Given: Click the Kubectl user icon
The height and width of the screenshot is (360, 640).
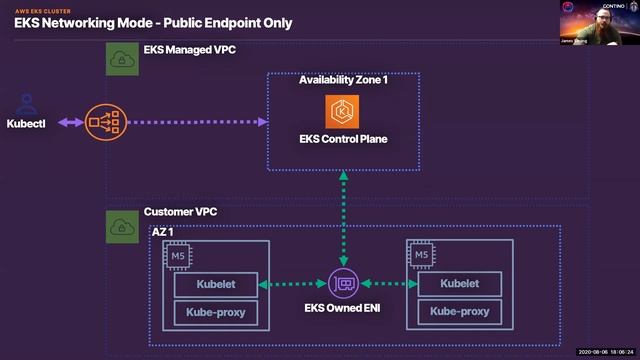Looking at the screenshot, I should coord(27,103).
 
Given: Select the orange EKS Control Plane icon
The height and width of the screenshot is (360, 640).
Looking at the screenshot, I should coord(342,110).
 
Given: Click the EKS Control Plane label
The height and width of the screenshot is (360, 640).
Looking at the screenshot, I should coord(342,139).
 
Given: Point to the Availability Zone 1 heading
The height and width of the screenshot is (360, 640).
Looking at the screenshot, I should coord(343,80).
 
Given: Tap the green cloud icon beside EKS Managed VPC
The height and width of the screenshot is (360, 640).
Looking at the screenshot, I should coord(122,59).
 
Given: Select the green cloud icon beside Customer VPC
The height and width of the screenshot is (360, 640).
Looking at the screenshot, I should coord(122,225).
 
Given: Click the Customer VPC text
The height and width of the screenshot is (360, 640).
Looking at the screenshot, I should coord(180,212).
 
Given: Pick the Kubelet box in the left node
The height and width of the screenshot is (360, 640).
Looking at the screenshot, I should coord(216,285).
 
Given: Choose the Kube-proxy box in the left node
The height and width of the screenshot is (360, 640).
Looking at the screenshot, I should coord(216,312).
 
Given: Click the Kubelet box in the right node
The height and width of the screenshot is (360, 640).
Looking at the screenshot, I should coord(460,285).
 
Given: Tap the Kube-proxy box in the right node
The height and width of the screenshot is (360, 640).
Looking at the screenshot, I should coord(460,312).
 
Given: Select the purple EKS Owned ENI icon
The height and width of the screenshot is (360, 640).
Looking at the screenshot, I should coord(344,285).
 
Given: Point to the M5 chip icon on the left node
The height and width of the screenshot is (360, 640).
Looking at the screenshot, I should coord(177,255).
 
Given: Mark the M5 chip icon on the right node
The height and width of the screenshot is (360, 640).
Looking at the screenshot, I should coord(421,255).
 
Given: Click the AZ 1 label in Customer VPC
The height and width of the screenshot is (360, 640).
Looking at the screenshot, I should coord(165,232).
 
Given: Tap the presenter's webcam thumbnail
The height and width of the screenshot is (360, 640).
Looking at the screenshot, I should coord(599,20).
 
